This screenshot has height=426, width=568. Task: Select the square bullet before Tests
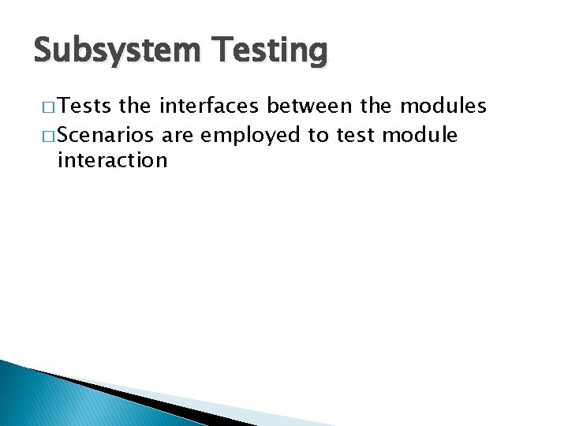tap(46, 108)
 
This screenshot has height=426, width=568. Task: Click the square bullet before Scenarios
tap(46, 136)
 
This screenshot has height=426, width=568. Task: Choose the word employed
tap(251, 136)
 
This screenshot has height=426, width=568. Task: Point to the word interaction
tap(113, 161)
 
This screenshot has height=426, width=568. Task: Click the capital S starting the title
tap(44, 51)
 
